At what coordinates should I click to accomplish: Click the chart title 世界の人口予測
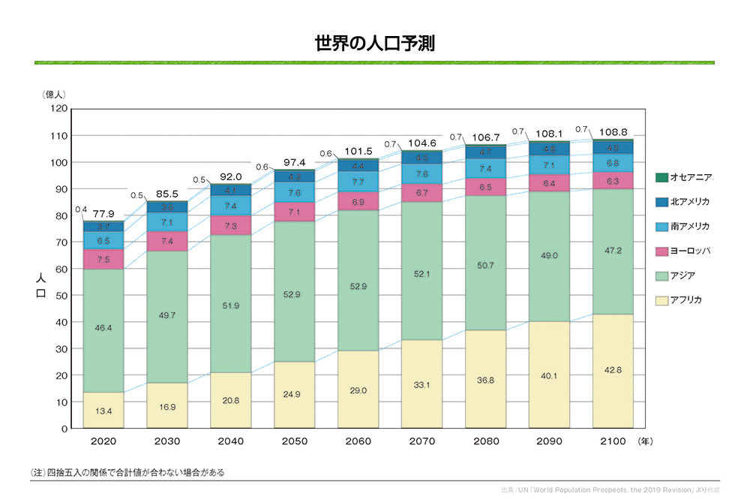[x=375, y=43]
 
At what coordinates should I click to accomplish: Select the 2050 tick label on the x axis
[x=294, y=441]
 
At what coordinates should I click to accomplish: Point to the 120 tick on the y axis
[x=58, y=109]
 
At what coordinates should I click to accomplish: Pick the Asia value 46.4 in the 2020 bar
[x=103, y=328]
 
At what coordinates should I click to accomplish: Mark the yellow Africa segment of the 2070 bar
[x=422, y=384]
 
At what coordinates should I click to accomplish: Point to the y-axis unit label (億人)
[x=55, y=95]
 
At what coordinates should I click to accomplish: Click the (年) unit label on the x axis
[x=645, y=441]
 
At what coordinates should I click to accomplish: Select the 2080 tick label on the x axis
[x=486, y=441]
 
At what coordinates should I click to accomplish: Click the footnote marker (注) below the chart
[x=38, y=473]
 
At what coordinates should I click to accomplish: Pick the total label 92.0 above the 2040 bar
[x=229, y=177]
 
